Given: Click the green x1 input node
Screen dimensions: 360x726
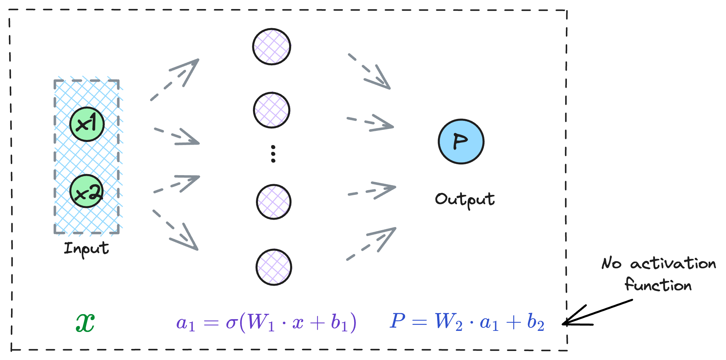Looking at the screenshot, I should pos(87,124).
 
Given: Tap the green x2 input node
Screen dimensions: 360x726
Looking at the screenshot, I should pos(86,191).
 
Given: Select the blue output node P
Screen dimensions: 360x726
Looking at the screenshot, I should pos(461,141).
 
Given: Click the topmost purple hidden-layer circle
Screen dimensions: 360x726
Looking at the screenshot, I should pos(271,47).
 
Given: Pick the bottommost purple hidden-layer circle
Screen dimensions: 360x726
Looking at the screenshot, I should pos(274,267).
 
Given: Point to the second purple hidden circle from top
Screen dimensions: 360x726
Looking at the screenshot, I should pos(271,110).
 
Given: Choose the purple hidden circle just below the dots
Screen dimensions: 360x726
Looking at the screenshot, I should pos(273,202).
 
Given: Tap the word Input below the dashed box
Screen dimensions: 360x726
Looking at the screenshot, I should pos(86,249).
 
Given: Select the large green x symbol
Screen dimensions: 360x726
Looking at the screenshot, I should pos(85,323).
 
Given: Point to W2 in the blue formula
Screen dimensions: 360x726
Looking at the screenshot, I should pos(448,322).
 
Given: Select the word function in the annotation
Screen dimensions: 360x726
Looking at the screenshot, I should pos(658,285).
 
